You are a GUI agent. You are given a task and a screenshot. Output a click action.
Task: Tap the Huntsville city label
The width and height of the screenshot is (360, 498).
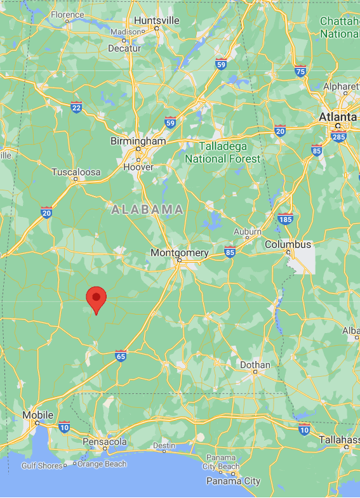(157, 20)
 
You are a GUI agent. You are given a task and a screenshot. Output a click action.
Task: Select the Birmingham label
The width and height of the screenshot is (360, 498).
(138, 141)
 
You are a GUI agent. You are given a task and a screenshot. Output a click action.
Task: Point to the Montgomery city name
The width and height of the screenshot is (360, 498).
(180, 252)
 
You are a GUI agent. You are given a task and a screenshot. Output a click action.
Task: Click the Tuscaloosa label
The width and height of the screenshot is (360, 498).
(76, 172)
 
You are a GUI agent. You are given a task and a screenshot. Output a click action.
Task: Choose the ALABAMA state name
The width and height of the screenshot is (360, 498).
(148, 209)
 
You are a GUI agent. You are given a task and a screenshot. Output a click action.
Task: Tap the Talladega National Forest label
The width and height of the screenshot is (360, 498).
(223, 152)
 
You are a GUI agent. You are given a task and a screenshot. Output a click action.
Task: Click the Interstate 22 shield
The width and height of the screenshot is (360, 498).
(76, 107)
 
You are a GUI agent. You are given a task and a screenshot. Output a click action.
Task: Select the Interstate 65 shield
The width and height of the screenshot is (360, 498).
(121, 356)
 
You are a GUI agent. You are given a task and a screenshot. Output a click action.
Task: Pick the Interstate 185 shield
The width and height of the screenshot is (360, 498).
(285, 220)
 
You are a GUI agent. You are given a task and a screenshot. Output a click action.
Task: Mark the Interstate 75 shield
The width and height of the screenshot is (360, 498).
(300, 71)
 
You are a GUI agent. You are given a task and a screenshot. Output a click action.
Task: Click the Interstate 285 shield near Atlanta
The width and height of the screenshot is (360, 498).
(339, 136)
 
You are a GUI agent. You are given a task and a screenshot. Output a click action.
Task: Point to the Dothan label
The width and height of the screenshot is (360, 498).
(255, 365)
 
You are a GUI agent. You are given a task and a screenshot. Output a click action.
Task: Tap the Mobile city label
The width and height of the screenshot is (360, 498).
(38, 415)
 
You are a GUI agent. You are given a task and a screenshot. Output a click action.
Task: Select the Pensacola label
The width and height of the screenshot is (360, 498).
(105, 442)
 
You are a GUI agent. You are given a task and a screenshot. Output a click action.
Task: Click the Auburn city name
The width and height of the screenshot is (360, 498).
(248, 232)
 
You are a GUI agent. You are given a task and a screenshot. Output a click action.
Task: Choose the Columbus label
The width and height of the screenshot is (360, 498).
(288, 244)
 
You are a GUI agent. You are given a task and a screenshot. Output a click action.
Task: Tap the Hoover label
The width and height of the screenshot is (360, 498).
(138, 167)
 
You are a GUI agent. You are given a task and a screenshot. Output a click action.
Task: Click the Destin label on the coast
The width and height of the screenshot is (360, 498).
(164, 445)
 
